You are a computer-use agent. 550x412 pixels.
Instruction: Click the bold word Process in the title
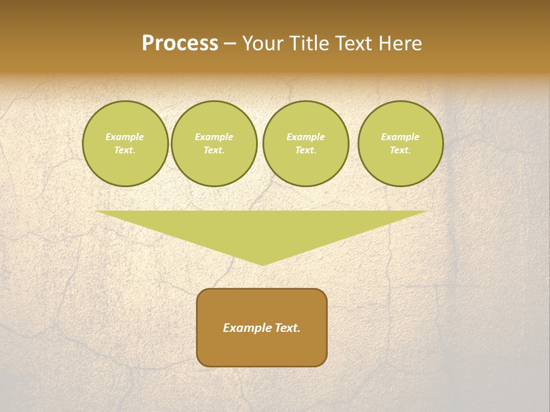click(x=180, y=43)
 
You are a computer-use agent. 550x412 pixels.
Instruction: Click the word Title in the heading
click(x=308, y=43)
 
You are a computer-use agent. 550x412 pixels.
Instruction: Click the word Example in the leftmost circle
click(x=125, y=137)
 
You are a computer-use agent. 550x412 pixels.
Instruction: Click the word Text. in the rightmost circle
click(x=400, y=150)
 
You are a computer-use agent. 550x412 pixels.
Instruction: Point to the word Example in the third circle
click(x=305, y=137)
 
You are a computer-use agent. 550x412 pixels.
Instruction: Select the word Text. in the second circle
click(x=214, y=150)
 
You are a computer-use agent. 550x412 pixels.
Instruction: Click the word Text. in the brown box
click(x=288, y=328)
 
